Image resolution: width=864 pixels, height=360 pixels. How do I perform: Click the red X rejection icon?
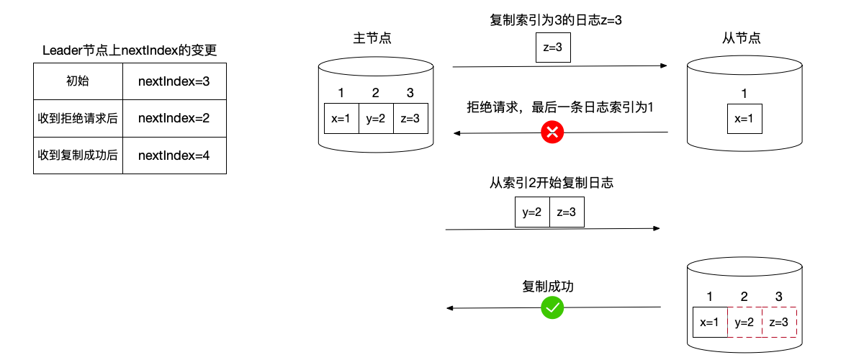click(x=553, y=132)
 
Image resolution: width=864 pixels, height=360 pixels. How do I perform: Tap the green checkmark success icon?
click(x=553, y=308)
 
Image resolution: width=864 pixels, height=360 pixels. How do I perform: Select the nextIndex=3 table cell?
click(x=174, y=81)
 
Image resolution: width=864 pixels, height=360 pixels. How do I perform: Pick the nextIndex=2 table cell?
click(x=174, y=117)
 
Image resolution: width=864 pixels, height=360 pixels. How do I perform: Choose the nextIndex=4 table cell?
click(x=174, y=155)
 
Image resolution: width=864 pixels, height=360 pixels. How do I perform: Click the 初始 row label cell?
click(x=78, y=81)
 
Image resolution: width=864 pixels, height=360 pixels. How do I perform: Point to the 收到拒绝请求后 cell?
click(x=78, y=117)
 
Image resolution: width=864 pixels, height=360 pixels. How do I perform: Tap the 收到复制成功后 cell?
click(x=78, y=155)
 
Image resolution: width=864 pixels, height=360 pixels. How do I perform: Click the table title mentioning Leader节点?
click(x=130, y=50)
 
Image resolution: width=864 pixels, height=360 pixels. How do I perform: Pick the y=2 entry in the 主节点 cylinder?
click(x=376, y=119)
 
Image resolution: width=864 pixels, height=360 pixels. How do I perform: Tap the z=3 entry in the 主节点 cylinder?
click(x=410, y=119)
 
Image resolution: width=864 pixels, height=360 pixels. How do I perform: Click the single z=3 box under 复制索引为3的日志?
click(x=552, y=48)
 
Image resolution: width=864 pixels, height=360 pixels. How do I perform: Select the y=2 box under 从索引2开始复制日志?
click(x=532, y=213)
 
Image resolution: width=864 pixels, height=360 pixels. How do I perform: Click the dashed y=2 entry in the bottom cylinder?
click(x=744, y=323)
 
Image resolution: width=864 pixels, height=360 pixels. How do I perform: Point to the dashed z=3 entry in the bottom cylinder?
click(x=779, y=323)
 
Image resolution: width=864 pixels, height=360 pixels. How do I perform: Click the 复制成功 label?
click(x=548, y=287)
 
